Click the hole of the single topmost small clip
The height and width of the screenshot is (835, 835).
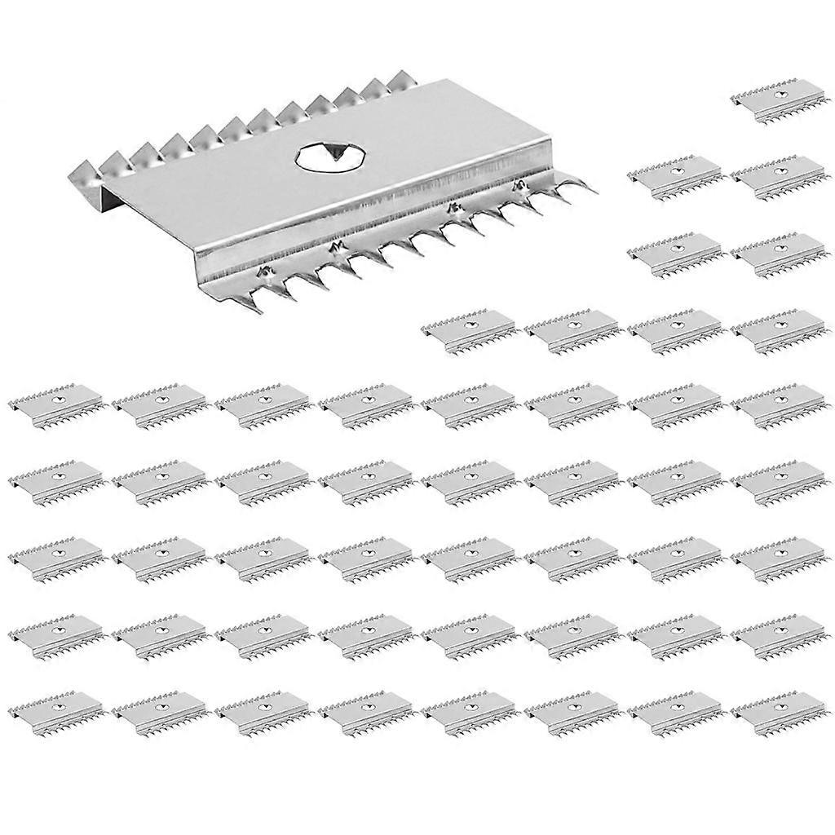tap(782, 94)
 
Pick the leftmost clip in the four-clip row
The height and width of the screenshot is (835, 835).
tap(467, 330)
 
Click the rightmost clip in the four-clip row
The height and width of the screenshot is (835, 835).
tap(777, 330)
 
